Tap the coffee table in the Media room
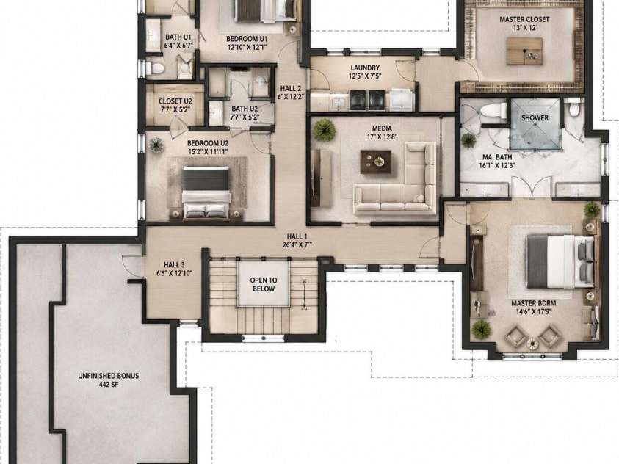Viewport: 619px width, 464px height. click(376, 162)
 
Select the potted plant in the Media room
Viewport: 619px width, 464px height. click(325, 130)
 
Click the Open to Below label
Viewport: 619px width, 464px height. click(264, 284)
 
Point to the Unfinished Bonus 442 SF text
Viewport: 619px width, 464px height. click(109, 380)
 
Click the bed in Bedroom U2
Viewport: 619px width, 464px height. click(206, 192)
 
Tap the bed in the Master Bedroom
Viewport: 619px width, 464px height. click(560, 261)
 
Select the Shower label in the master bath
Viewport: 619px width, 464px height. click(535, 117)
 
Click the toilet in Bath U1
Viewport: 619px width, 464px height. click(155, 68)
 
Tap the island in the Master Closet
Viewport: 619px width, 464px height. click(525, 51)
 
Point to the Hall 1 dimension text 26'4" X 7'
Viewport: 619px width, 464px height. click(297, 244)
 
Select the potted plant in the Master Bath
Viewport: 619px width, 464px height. click(468, 140)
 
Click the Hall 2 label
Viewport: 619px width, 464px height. click(291, 88)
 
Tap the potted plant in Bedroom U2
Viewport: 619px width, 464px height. click(156, 145)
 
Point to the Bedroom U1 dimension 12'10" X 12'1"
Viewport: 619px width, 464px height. click(247, 47)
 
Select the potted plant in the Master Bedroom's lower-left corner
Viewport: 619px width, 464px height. click(482, 330)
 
